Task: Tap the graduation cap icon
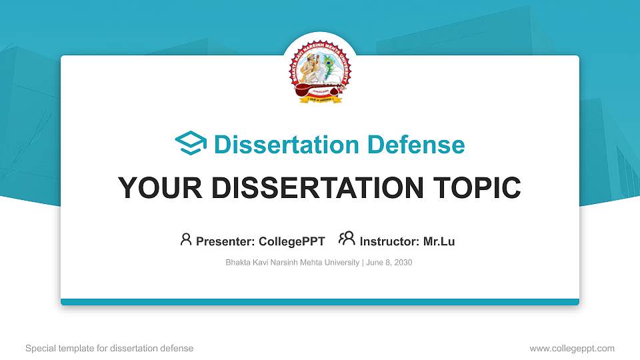pyautogui.click(x=191, y=143)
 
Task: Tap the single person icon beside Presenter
pyautogui.click(x=186, y=239)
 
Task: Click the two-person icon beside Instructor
pyautogui.click(x=347, y=239)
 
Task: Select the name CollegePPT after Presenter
pyautogui.click(x=291, y=241)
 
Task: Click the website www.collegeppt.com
pyautogui.click(x=572, y=348)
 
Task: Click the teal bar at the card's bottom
pyautogui.click(x=320, y=302)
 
